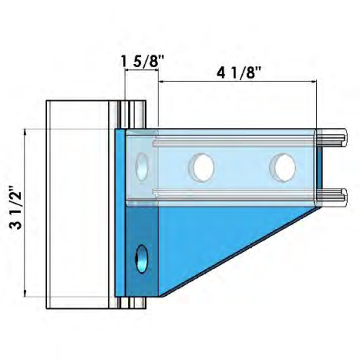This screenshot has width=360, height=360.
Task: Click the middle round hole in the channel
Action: click(x=202, y=167)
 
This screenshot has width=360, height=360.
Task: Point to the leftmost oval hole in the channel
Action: click(x=143, y=166)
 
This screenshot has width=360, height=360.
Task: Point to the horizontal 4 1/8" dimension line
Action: click(x=238, y=83)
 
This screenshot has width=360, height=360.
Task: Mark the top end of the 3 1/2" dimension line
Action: click(x=26, y=130)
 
